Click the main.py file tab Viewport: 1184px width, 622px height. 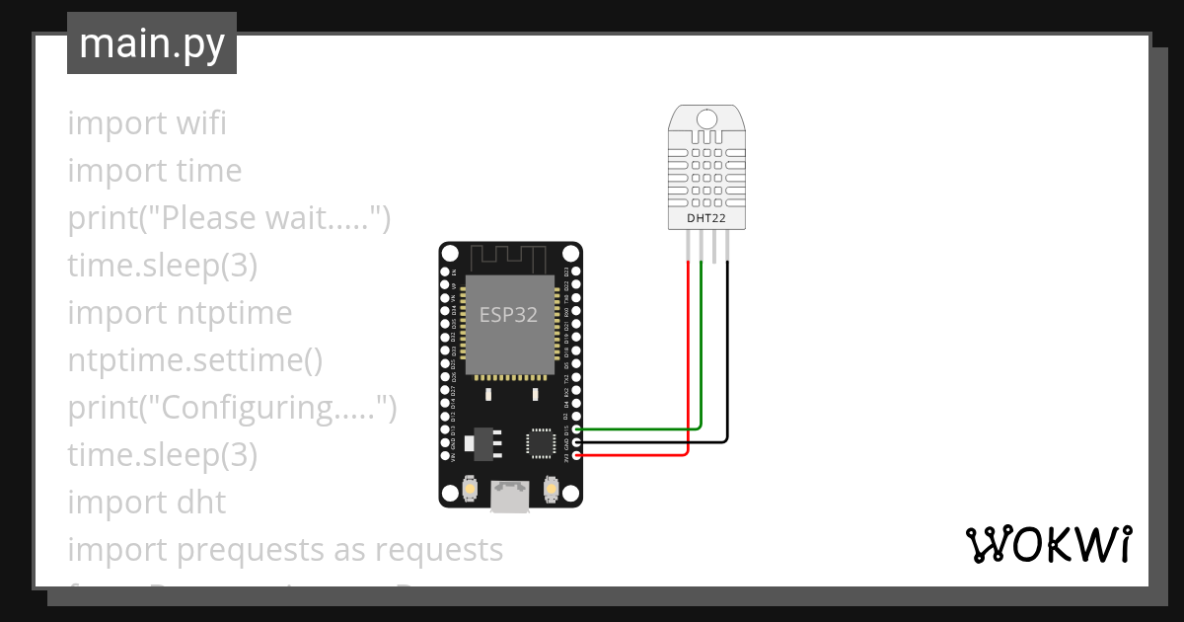152,43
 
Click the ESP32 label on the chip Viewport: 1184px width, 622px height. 508,315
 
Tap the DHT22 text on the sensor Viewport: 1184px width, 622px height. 706,216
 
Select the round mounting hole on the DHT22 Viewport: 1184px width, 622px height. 706,119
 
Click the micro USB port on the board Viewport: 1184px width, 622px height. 510,496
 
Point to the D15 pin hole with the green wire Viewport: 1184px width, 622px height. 576,429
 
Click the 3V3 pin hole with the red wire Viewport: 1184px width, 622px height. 576,455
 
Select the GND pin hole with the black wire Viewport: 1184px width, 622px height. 576,442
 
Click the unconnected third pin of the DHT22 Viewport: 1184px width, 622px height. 714,246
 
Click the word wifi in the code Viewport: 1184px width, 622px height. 201,124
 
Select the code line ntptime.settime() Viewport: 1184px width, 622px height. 195,360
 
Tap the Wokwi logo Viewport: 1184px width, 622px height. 1048,545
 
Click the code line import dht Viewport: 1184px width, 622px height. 147,503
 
